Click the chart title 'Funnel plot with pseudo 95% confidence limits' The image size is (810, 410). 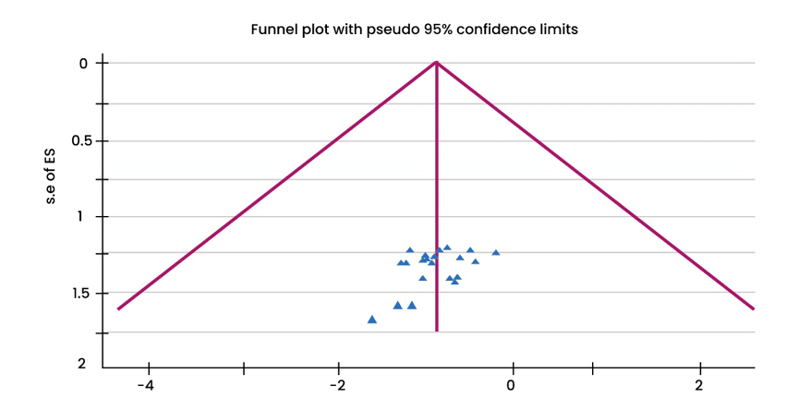point(414,30)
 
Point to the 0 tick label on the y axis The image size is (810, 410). point(82,64)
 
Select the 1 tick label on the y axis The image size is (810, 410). point(82,217)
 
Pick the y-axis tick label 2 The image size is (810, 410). point(81,363)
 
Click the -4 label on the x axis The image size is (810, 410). point(145,383)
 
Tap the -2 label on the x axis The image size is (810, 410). point(337,383)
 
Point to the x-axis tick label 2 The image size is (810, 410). point(699,383)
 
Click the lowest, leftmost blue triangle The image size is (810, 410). point(371,320)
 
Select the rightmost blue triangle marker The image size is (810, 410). point(496,252)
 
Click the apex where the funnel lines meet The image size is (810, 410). point(436,63)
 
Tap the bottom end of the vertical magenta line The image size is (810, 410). point(436,330)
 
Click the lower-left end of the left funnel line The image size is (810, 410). point(119,308)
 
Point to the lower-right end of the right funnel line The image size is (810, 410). point(753,308)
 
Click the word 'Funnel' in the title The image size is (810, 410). point(274,30)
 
